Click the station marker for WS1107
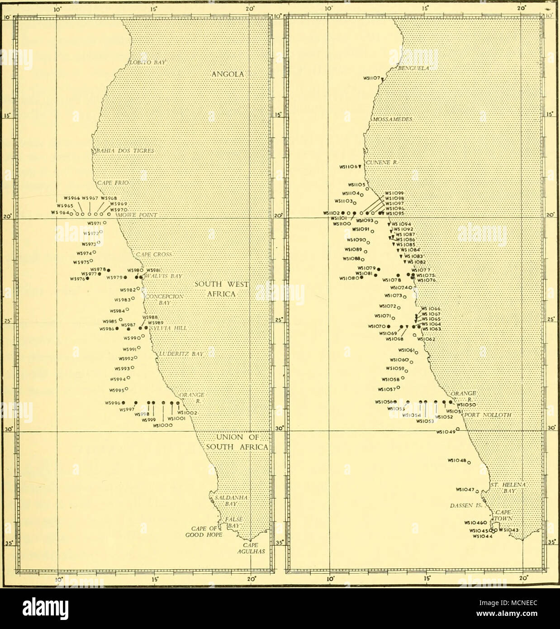coord(382,80)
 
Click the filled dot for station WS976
coord(88,278)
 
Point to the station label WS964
coord(61,213)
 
